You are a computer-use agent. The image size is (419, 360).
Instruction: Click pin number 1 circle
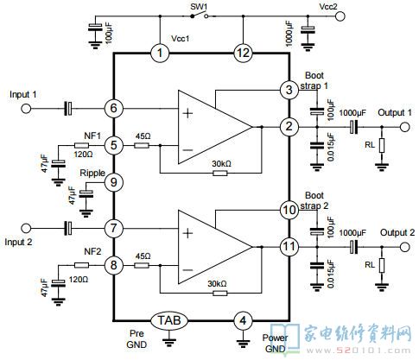coord(160,53)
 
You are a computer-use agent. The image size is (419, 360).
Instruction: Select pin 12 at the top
coord(243,53)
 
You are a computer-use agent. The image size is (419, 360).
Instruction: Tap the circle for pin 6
coord(114,108)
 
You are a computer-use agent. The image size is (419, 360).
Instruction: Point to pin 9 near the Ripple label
coord(114,182)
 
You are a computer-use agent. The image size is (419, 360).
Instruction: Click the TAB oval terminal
coord(169,320)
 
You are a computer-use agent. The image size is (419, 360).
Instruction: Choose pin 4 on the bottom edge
coord(243,320)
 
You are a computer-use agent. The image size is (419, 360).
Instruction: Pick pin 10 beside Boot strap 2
coord(289,210)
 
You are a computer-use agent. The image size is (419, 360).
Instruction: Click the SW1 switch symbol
coord(200,16)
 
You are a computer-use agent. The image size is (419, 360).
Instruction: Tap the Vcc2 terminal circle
coord(340,16)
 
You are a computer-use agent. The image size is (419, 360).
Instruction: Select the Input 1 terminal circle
coord(26,109)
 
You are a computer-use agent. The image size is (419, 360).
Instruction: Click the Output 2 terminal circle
coord(404,247)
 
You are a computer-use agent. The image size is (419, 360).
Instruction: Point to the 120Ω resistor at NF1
coord(81,146)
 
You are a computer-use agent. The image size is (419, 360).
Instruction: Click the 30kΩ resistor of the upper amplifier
coord(220,173)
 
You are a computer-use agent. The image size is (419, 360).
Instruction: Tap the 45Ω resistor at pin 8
coord(142,265)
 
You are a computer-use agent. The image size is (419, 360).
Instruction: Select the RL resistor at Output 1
coord(382,145)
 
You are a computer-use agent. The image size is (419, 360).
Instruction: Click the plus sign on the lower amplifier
coord(187,233)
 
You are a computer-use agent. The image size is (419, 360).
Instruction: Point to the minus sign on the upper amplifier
coord(187,150)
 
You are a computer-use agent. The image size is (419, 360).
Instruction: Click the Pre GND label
coord(136,339)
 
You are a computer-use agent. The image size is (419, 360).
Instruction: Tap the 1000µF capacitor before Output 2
coord(353,247)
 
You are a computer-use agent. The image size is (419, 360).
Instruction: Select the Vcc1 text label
coord(181,39)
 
